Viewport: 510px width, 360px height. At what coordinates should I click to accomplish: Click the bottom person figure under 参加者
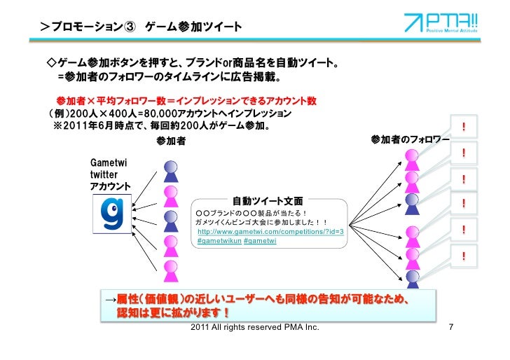point(170,270)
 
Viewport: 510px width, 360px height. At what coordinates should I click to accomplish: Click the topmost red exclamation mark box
point(464,127)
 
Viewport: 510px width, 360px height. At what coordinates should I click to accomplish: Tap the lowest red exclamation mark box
point(464,257)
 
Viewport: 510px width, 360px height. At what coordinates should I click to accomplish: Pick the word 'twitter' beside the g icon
point(104,174)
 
